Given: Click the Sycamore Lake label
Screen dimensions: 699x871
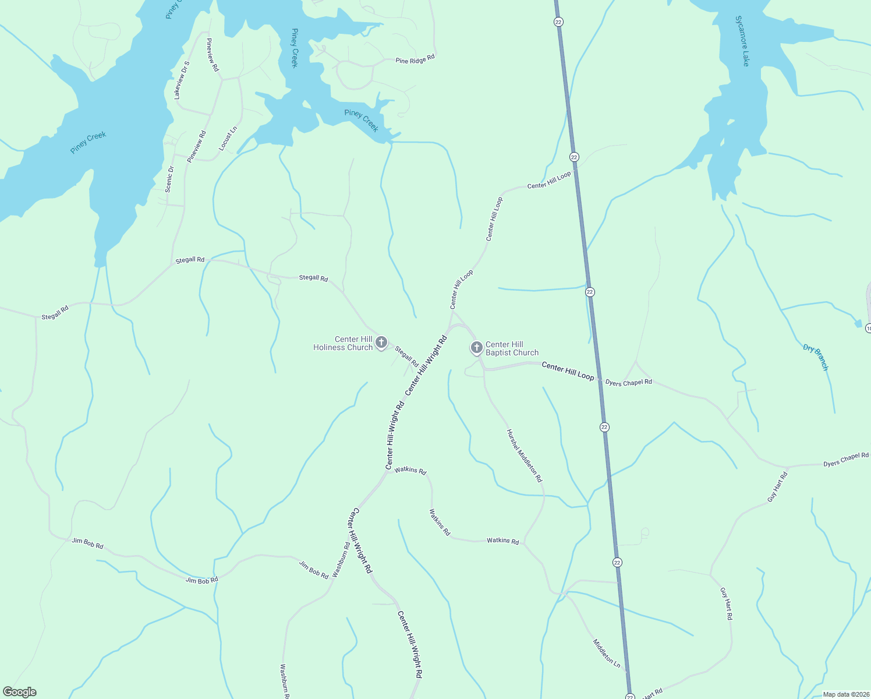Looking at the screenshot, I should click(x=742, y=41).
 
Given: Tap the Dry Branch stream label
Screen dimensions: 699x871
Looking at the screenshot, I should click(x=816, y=357).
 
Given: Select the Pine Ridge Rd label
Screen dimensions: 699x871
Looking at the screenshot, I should click(x=415, y=59).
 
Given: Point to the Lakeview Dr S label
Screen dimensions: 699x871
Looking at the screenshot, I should click(x=182, y=80).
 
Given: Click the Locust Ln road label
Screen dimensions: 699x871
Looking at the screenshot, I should click(x=228, y=139).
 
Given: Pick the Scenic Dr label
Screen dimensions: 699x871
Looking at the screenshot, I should click(x=169, y=179).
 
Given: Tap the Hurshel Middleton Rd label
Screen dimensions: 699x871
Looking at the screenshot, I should click(x=524, y=456).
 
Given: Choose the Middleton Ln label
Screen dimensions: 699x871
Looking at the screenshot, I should click(x=607, y=654).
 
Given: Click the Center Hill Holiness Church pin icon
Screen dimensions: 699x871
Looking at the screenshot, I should click(x=381, y=342).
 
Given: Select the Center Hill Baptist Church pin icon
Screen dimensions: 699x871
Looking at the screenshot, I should click(x=476, y=348).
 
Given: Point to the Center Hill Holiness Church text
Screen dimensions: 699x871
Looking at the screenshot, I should click(x=343, y=343).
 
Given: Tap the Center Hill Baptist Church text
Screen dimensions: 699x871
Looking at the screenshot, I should click(x=512, y=348).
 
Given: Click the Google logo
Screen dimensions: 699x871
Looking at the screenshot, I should click(x=19, y=692).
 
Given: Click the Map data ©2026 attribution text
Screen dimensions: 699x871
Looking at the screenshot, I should click(x=845, y=694).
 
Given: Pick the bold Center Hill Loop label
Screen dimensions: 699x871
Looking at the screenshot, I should click(x=568, y=371).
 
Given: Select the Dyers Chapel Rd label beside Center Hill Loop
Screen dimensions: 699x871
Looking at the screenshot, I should click(x=629, y=382).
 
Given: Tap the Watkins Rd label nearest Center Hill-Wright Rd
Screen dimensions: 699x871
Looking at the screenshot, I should click(x=410, y=470).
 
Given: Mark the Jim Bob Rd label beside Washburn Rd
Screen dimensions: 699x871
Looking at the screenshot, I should click(x=314, y=570).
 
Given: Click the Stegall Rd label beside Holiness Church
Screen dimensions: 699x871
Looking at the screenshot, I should click(x=406, y=357).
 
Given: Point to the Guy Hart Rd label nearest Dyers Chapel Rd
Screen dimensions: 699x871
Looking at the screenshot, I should click(x=777, y=487).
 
